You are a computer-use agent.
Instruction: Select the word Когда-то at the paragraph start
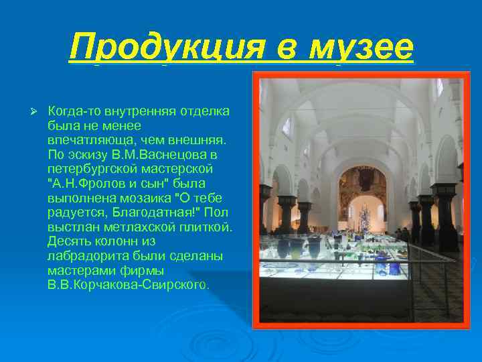tap(72, 111)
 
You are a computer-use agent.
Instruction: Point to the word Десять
tap(67, 242)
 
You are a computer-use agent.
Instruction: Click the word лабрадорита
tap(82, 257)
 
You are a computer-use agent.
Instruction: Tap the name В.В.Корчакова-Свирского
tap(129, 286)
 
